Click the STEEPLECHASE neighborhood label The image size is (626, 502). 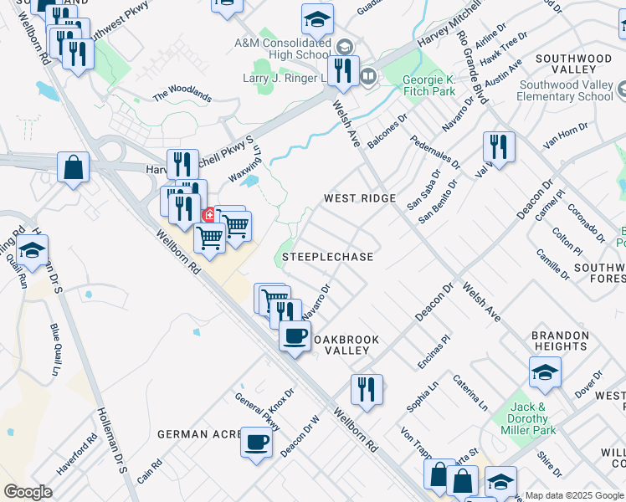point(327,257)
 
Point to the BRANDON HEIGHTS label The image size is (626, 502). point(559,341)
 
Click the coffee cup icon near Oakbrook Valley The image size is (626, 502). point(295,336)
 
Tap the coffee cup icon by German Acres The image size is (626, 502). point(256,441)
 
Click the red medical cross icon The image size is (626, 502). point(208,215)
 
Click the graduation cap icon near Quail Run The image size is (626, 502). point(32,250)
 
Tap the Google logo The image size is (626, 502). point(28,492)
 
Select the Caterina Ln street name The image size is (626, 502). point(470,392)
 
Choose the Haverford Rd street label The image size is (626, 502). point(78,453)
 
